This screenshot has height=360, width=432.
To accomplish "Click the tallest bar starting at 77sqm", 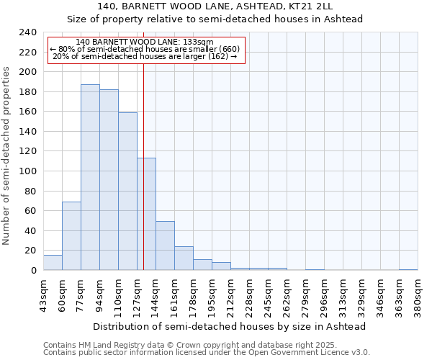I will (x=90, y=177).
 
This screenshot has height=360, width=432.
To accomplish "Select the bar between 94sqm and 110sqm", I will (x=109, y=180).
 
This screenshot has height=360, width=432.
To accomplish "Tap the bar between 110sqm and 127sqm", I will (x=127, y=192).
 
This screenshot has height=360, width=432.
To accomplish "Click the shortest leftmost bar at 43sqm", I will (x=53, y=263).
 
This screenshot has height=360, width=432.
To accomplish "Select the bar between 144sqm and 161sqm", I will (x=165, y=246).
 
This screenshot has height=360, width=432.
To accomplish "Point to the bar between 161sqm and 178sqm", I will (x=184, y=258).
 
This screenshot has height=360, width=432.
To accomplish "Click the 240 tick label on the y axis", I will (x=27, y=32).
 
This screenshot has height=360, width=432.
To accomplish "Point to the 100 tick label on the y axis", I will (x=27, y=171).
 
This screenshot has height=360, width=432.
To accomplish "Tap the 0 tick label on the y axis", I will (x=33, y=271).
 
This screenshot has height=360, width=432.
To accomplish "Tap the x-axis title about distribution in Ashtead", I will (x=230, y=326).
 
